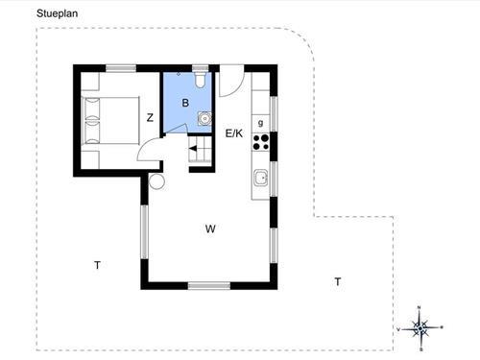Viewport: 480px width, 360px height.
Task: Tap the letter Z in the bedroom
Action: coord(150,118)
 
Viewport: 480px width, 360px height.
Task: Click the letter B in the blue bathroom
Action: coord(185,102)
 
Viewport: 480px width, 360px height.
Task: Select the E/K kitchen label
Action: coord(234,133)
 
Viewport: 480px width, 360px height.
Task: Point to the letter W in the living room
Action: coord(209,228)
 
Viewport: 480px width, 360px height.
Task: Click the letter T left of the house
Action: coord(97,264)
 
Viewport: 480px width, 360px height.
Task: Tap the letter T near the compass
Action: coord(337,281)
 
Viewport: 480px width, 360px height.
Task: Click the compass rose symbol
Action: coord(420,328)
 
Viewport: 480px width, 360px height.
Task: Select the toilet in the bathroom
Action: coord(199,81)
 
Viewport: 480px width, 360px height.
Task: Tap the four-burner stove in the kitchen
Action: coord(261,143)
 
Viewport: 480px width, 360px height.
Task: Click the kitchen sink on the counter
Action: coord(261,178)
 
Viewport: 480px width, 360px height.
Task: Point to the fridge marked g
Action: coord(261,121)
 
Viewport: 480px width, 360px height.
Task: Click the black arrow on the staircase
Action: coord(195,149)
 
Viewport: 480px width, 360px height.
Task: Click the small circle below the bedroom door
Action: coord(156,180)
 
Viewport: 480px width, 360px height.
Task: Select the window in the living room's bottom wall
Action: coord(209,285)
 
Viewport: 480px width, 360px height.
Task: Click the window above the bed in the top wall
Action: coord(120,67)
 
